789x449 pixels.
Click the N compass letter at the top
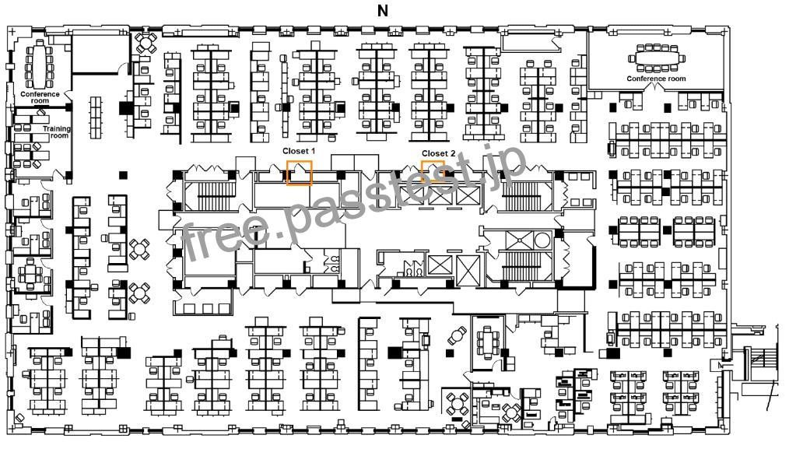coord(382,11)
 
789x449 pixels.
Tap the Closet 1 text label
coord(298,151)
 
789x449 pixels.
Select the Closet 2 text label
coord(438,153)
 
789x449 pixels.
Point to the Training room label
coord(56,132)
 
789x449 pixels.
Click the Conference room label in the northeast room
coord(656,79)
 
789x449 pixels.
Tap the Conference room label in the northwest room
coord(40,97)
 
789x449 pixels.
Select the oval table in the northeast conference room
coord(656,57)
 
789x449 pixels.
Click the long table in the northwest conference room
coord(39,65)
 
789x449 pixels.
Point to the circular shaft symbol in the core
coord(542,240)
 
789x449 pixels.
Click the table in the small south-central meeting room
coord(487,342)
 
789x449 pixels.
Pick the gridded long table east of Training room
coord(96,118)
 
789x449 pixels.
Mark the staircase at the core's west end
coord(216,196)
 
